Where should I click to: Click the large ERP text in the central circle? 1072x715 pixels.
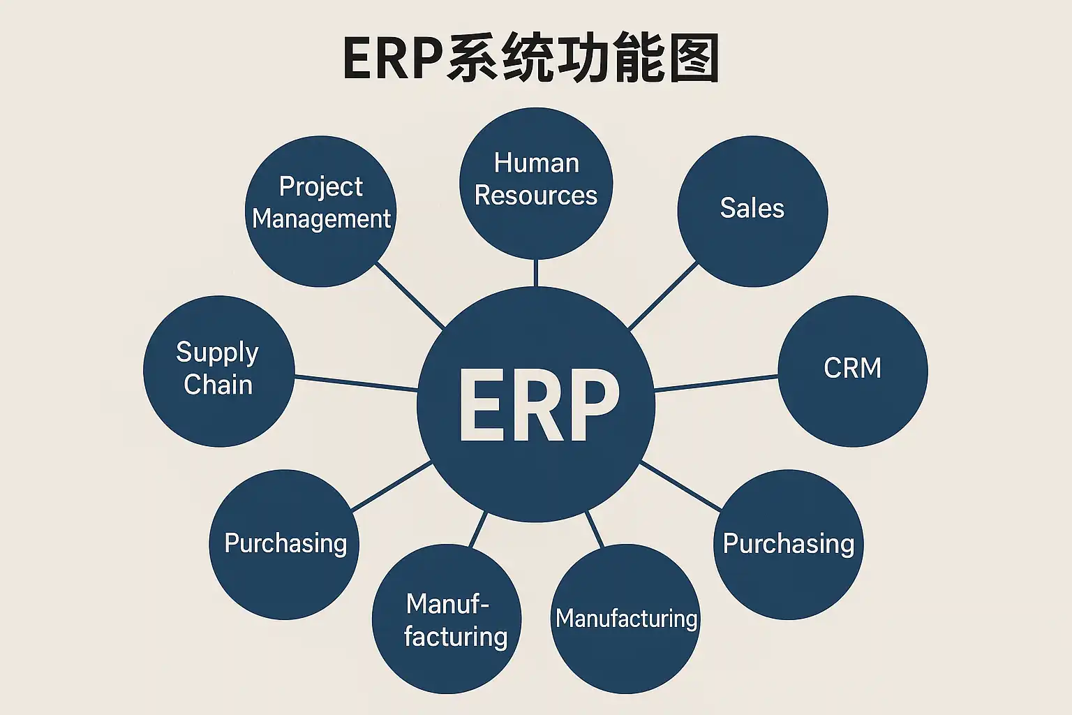538,405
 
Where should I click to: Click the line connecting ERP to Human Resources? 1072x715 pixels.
535,274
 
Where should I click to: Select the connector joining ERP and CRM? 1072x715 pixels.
716,383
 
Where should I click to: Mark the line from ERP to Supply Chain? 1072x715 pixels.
356,383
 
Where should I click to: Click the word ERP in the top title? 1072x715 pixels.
391,59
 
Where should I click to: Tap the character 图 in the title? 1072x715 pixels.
693,59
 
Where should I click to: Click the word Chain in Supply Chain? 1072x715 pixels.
218,385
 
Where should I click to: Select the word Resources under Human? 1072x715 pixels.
535,196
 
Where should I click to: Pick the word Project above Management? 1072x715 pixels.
320,186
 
